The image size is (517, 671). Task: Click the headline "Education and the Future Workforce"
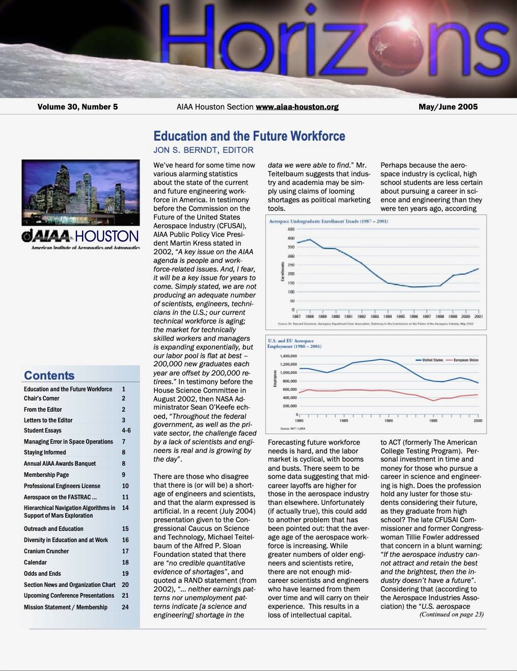tap(249, 136)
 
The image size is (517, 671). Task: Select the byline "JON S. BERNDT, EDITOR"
tap(203, 150)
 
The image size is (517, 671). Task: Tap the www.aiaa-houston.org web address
tap(297, 107)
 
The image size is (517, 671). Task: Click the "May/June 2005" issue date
tap(448, 107)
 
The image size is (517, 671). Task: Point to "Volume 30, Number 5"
tap(77, 107)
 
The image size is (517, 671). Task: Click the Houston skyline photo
tap(80, 193)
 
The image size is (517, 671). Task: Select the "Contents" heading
tap(49, 375)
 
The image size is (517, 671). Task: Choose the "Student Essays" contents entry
tap(42, 431)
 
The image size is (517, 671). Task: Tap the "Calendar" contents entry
tap(35, 562)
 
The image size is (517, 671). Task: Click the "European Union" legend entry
tap(462, 360)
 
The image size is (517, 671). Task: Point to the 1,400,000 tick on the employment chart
tap(288, 356)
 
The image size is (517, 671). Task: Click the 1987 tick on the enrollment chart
tap(296, 316)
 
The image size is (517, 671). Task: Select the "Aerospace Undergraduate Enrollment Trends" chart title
tap(329, 222)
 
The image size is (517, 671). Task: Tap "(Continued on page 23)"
tap(451, 614)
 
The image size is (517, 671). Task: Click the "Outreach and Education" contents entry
tap(53, 529)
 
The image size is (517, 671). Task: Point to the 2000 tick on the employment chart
tap(478, 421)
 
